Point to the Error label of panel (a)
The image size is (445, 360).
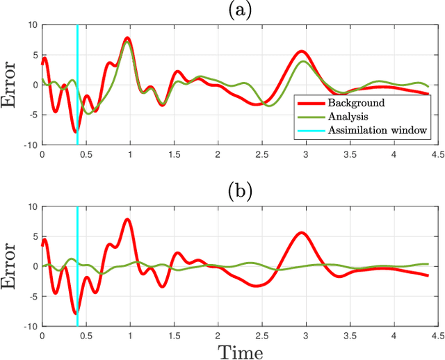pos(11,85)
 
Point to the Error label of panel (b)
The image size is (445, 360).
pos(11,266)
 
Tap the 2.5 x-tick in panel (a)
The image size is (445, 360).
pos(261,154)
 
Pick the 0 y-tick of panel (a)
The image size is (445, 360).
pos(33,85)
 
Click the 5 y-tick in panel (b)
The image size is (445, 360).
pos(33,236)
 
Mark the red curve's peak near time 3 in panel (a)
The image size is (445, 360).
pos(301,51)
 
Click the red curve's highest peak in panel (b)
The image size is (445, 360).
pos(127,219)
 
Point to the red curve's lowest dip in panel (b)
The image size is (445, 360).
pos(76,313)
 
